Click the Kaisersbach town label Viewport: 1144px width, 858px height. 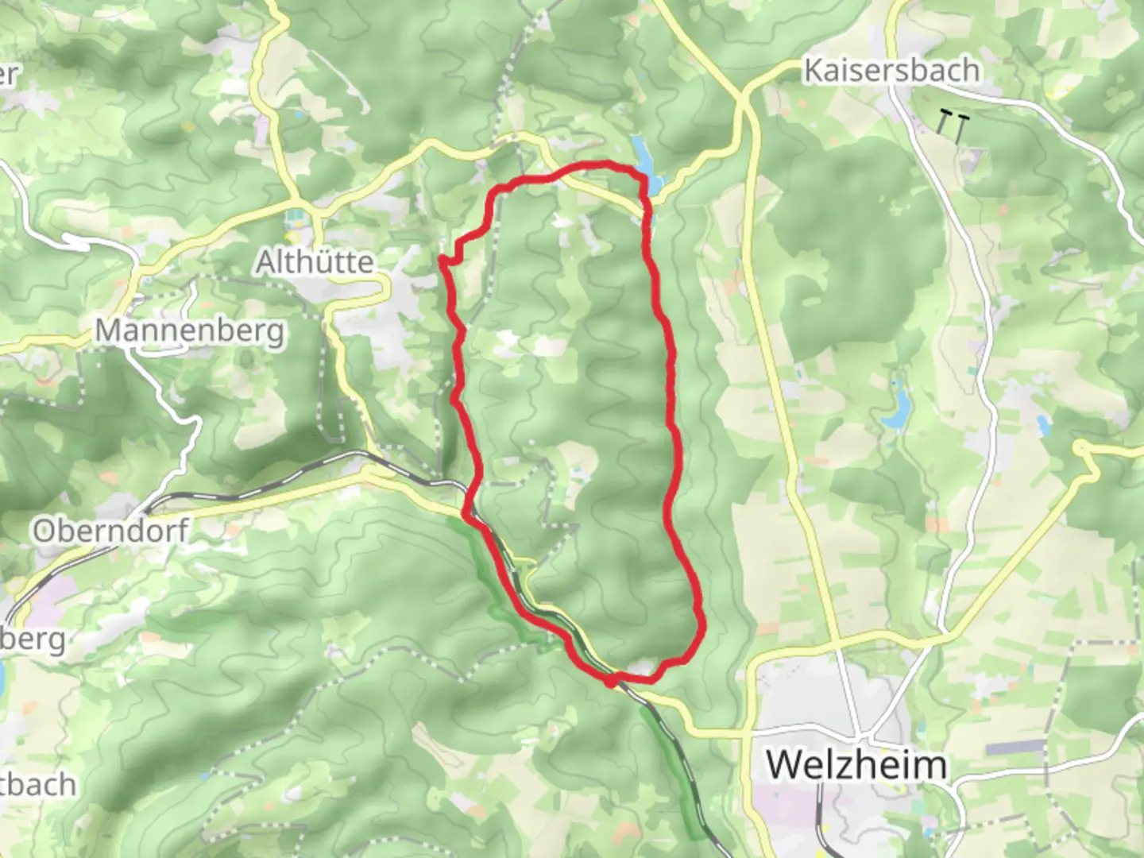891,70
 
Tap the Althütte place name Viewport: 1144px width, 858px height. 315,261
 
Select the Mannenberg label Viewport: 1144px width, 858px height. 190,330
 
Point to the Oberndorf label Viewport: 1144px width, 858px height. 110,531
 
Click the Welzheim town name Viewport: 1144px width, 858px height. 856,764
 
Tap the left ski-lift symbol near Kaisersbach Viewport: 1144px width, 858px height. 944,122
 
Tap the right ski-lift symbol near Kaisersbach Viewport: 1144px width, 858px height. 961,126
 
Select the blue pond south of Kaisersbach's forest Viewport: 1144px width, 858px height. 900,408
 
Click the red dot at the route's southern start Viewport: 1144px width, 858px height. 610,680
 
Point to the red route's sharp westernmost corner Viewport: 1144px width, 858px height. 442,257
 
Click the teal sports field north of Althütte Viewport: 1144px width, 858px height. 296,213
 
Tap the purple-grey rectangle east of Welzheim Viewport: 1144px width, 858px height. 1014,747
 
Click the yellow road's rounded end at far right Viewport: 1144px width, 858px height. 1080,449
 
